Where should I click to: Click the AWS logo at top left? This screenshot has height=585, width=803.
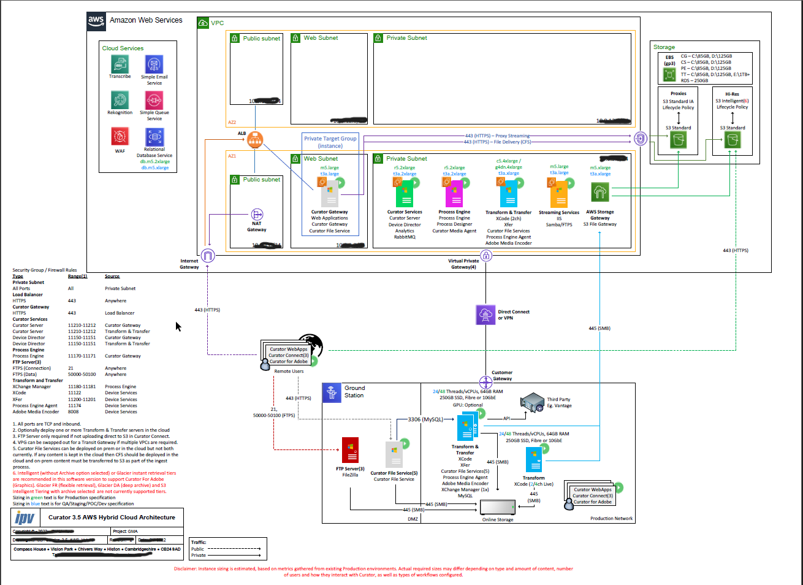(96, 21)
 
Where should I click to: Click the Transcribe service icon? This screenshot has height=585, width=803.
(120, 64)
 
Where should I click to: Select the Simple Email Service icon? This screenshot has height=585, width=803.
(154, 64)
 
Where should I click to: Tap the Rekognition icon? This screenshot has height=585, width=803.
(120, 100)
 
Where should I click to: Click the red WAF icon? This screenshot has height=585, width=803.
(120, 136)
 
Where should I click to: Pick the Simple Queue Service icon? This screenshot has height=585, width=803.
(154, 100)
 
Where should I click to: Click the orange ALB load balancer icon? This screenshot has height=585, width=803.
(255, 140)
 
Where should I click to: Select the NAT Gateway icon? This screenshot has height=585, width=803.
(257, 214)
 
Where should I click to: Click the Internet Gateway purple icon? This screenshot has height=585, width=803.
(208, 256)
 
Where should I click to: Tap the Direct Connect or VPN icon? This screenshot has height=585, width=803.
(485, 315)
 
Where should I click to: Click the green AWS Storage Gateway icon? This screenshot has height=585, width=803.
(599, 193)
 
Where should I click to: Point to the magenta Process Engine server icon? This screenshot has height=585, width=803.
(455, 194)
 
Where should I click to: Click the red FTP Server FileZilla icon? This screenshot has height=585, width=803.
(350, 452)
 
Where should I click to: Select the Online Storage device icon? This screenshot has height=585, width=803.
(498, 508)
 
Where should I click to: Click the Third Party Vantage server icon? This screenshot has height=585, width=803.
(532, 403)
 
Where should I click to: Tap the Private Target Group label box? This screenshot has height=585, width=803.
(330, 142)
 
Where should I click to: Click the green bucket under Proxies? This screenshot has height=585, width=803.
(678, 140)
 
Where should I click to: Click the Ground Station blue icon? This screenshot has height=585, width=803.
(332, 392)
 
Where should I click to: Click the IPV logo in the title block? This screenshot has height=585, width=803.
(26, 518)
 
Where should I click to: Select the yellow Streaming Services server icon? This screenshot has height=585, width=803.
(558, 194)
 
